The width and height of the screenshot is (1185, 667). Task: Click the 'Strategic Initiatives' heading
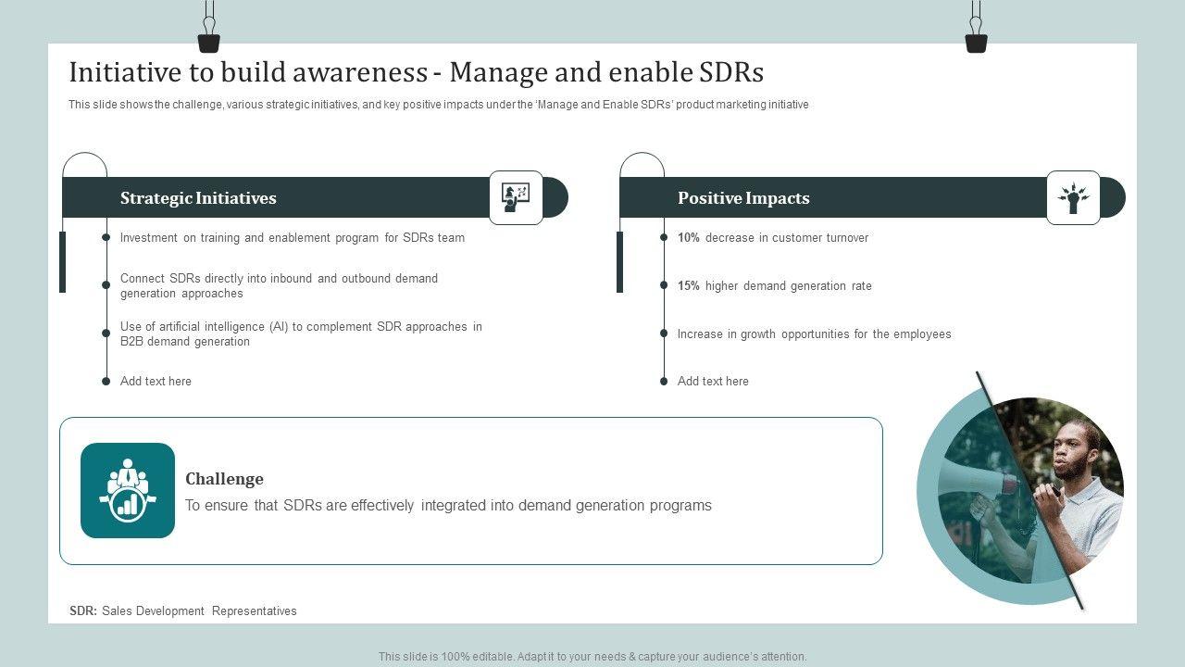pyautogui.click(x=198, y=198)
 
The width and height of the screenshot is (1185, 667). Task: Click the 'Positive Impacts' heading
pyautogui.click(x=743, y=198)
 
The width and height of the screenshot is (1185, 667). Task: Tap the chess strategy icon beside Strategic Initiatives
pyautogui.click(x=516, y=197)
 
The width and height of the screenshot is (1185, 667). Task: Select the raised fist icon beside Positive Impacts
pyautogui.click(x=1073, y=197)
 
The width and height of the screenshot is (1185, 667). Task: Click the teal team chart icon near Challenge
pyautogui.click(x=128, y=490)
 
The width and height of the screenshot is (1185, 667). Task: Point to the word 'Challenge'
pyautogui.click(x=224, y=479)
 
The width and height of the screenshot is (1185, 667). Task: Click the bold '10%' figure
pyautogui.click(x=688, y=238)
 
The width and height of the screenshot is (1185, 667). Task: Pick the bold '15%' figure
pyautogui.click(x=688, y=286)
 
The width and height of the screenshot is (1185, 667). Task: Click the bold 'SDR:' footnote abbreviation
pyautogui.click(x=83, y=610)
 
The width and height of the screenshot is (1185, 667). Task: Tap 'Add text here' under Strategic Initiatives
pyautogui.click(x=156, y=381)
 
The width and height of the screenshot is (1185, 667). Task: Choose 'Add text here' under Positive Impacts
pyautogui.click(x=713, y=381)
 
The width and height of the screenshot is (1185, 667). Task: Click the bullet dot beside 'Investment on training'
pyautogui.click(x=106, y=237)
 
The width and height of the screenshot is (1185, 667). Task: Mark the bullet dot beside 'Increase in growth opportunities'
pyautogui.click(x=664, y=333)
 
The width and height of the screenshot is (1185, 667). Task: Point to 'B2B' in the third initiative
pyautogui.click(x=131, y=342)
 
